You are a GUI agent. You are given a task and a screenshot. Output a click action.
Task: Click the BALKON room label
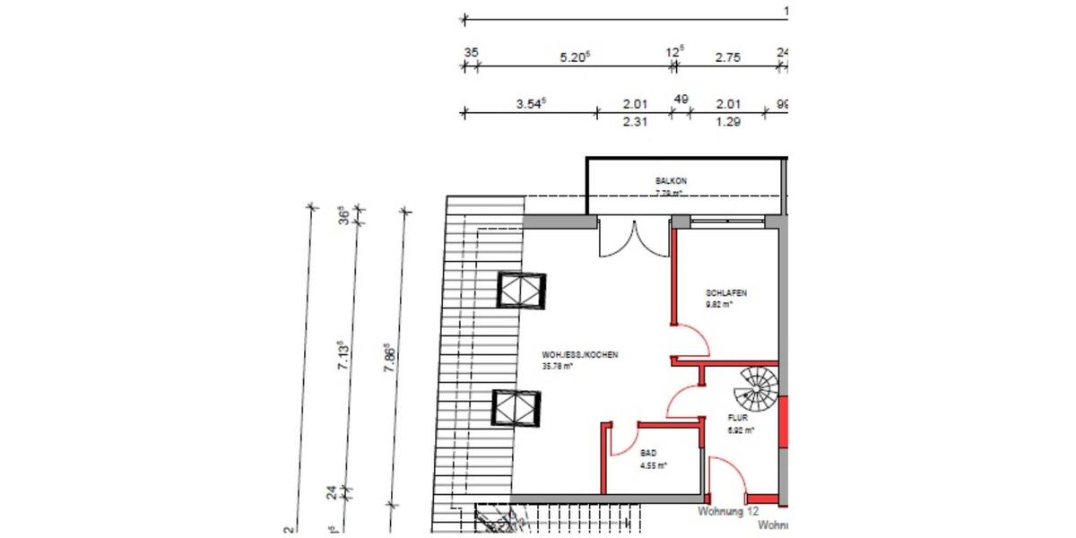click(x=671, y=180)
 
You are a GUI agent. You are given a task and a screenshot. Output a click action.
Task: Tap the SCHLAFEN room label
click(x=726, y=293)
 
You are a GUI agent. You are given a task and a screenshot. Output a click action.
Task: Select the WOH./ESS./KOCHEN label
click(x=580, y=355)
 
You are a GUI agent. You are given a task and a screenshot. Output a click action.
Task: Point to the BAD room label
click(x=648, y=454)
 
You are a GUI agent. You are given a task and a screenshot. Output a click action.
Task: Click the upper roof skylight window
click(x=521, y=291)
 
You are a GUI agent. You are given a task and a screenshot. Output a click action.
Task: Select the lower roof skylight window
click(x=517, y=408)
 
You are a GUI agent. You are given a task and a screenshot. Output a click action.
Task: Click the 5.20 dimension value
click(x=574, y=57)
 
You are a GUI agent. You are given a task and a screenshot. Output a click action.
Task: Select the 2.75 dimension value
click(x=727, y=57)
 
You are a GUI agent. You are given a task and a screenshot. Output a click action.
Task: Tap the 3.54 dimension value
click(x=531, y=103)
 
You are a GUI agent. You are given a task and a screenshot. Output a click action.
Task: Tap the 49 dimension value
click(x=681, y=100)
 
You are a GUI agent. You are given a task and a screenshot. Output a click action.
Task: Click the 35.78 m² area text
click(x=557, y=366)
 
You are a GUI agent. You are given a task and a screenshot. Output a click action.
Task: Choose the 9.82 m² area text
click(x=719, y=304)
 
